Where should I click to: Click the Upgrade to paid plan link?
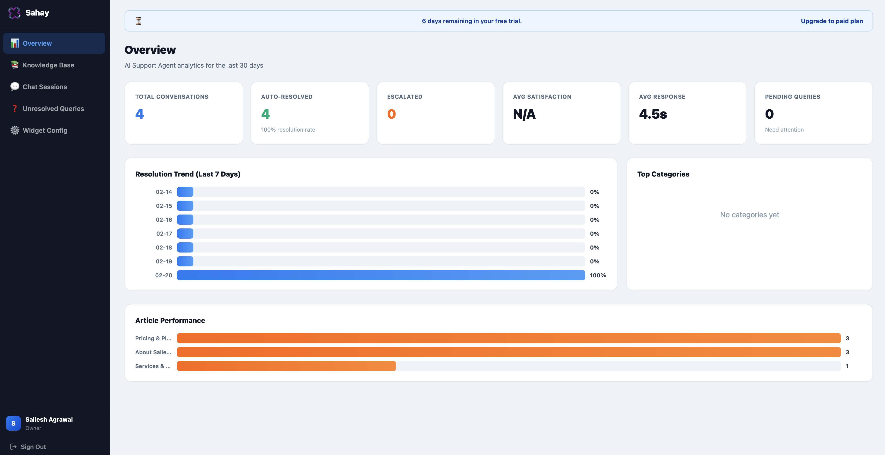832,21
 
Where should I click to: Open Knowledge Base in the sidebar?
48,65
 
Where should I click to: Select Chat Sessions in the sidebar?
45,87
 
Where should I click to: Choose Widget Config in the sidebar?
45,130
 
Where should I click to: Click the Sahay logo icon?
14,13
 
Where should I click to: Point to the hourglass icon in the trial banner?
138,21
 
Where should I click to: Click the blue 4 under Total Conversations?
139,114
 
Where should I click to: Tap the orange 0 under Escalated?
391,114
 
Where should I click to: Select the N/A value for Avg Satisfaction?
524,114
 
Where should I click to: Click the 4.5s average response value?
653,114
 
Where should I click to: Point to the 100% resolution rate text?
288,130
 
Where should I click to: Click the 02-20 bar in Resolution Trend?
381,275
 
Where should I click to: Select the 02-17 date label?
164,234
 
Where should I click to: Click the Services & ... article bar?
286,366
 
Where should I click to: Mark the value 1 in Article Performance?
847,366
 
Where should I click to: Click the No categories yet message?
749,215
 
